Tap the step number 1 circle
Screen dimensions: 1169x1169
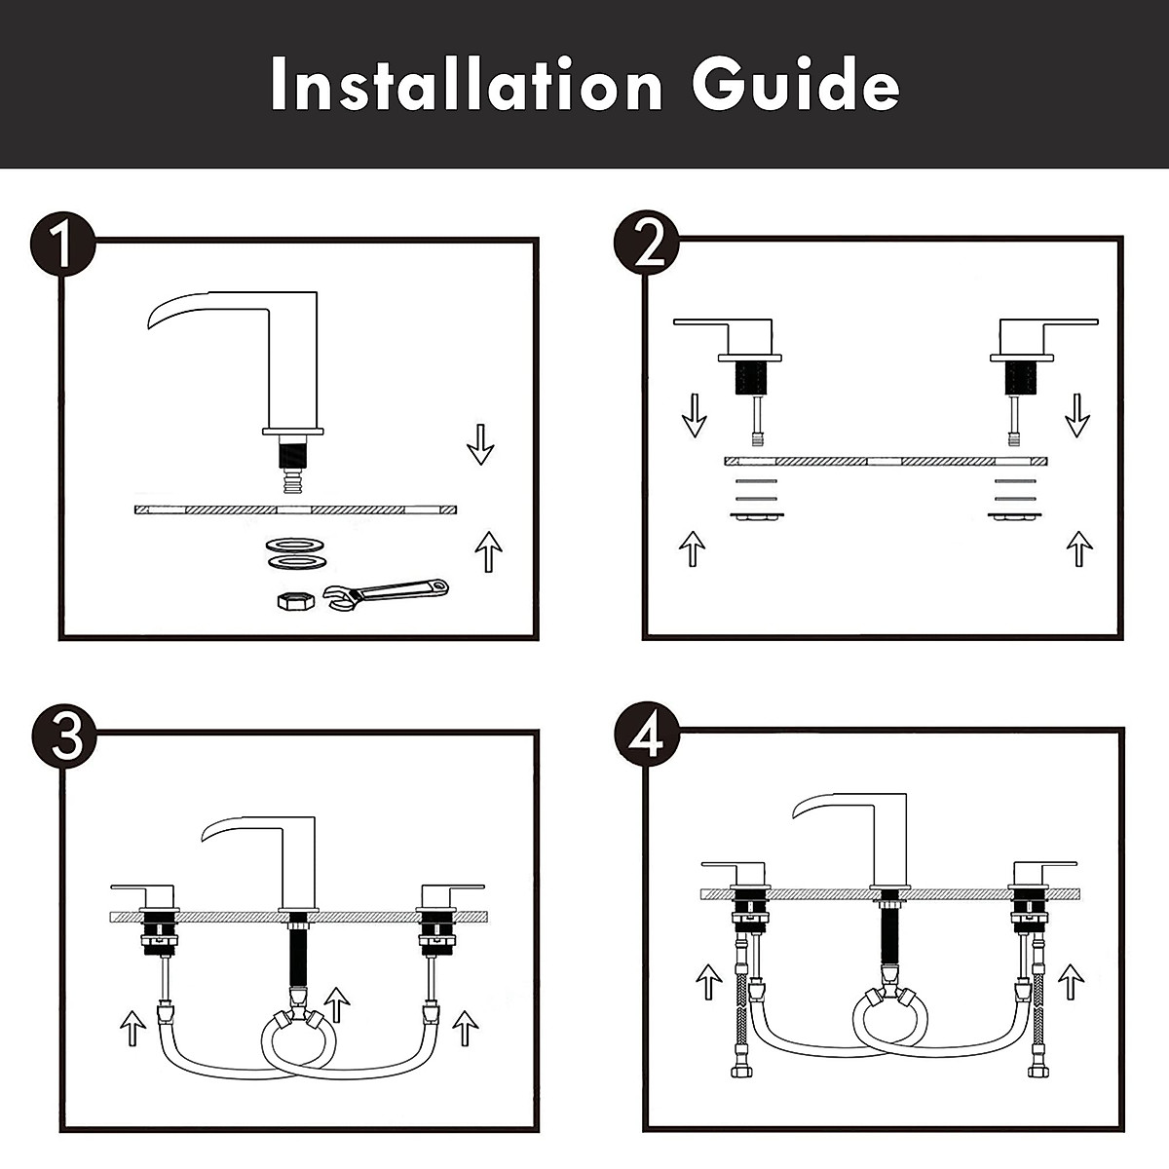62,244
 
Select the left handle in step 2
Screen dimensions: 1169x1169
726,331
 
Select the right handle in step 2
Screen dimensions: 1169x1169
1042,331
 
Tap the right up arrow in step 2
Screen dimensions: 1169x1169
1078,547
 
